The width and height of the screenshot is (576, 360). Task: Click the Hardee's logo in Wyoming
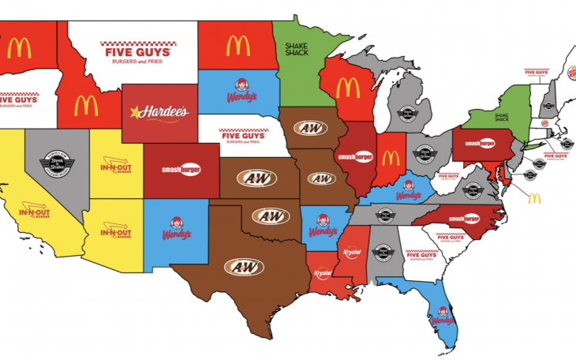[160, 112]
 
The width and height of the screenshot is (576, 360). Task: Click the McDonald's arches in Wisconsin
[348, 88]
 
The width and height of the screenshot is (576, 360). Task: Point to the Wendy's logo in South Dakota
[238, 90]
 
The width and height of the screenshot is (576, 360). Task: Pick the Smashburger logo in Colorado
[180, 169]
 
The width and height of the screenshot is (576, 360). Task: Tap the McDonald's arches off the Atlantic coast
[534, 198]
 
